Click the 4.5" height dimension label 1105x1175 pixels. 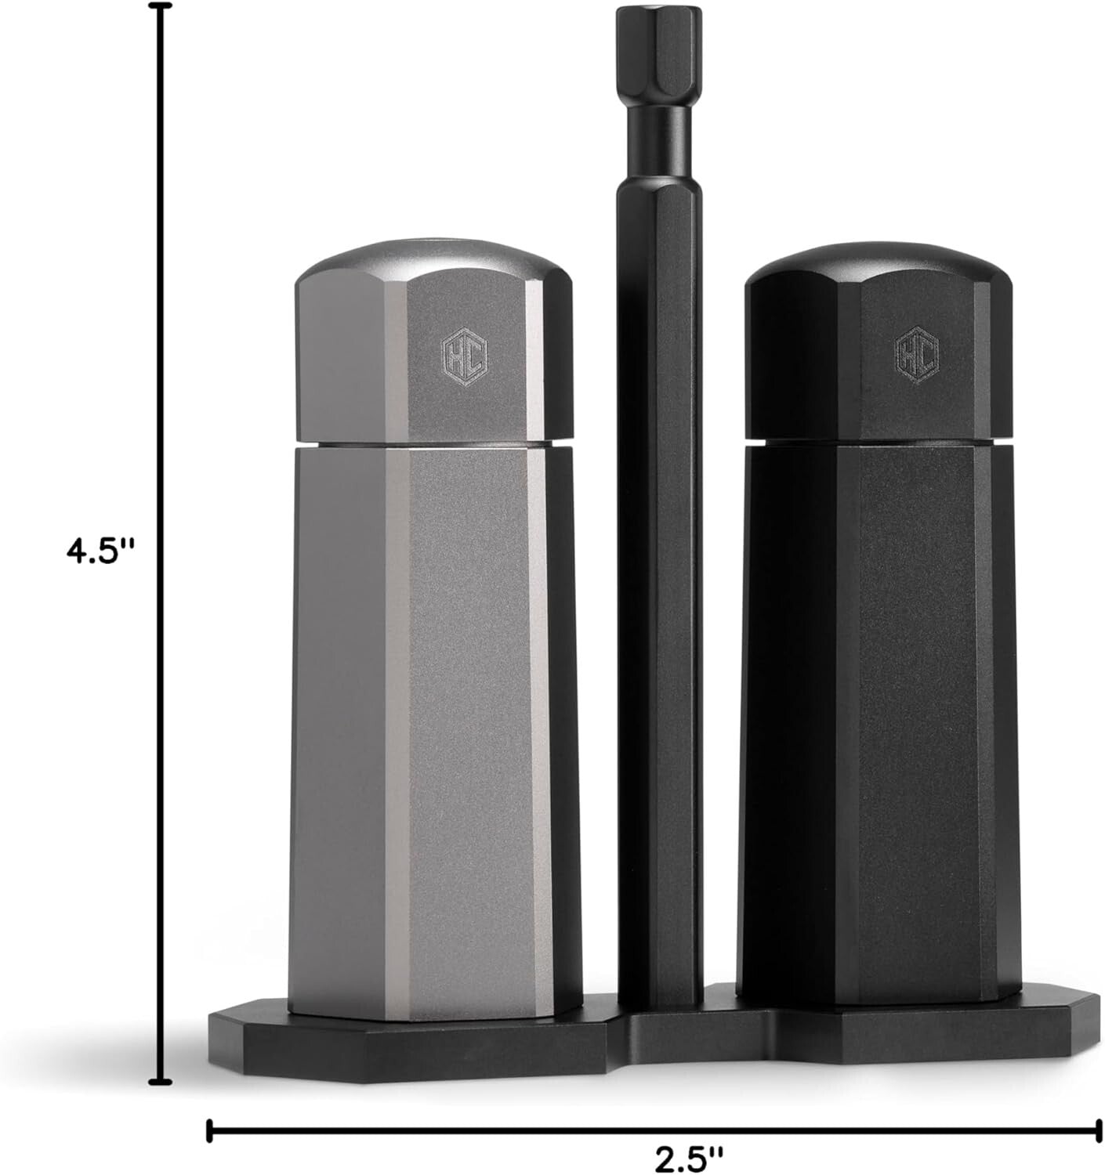(x=101, y=551)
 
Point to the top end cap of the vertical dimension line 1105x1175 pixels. (x=161, y=8)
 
